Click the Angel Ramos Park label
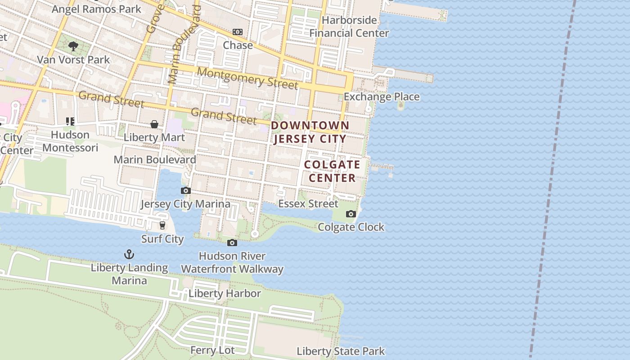96,9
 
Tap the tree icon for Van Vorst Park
73,45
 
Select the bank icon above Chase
238,32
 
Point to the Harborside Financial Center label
349,27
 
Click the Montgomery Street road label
247,78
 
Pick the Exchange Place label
382,97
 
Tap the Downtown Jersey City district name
310,132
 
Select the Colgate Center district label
332,171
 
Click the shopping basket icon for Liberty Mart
154,124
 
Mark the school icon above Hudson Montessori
70,121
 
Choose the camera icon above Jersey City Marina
185,191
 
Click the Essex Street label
308,204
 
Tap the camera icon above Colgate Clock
351,214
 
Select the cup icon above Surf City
162,225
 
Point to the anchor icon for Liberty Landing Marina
129,254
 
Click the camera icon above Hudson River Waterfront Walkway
232,243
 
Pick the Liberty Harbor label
225,293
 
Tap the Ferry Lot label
212,350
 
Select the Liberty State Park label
341,351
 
